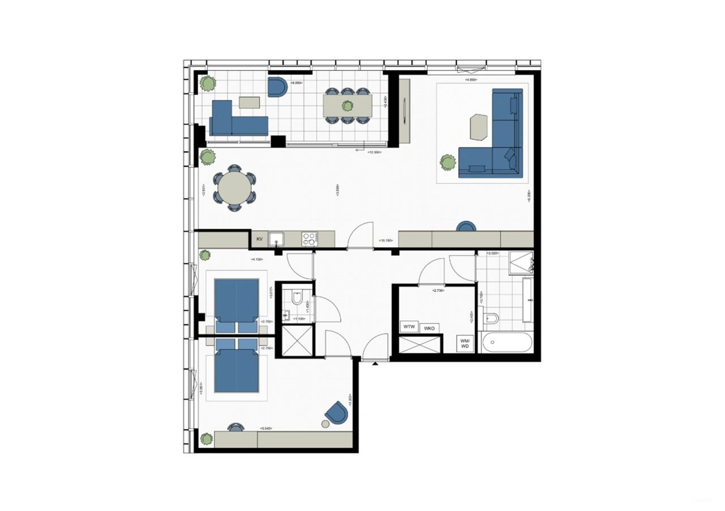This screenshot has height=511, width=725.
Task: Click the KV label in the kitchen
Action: (x=259, y=239)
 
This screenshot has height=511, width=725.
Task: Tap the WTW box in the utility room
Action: (x=409, y=327)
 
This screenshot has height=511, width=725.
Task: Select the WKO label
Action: (x=429, y=328)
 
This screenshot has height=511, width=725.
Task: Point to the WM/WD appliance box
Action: (x=465, y=343)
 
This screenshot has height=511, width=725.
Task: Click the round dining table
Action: (x=234, y=187)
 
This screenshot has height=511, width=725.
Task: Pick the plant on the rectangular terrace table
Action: (x=347, y=105)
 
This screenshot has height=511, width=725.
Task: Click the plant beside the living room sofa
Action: (x=448, y=163)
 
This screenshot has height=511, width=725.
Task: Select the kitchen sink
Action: (x=276, y=239)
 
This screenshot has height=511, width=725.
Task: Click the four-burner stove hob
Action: (x=309, y=239)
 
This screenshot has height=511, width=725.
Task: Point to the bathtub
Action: (x=506, y=342)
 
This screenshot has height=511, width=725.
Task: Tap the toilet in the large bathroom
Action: (x=492, y=320)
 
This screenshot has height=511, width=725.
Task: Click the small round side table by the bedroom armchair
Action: (x=325, y=423)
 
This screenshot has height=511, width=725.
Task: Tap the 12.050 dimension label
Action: (x=373, y=152)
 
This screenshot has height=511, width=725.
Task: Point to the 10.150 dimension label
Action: (x=386, y=241)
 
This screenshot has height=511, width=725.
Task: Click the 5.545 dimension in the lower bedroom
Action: (x=266, y=429)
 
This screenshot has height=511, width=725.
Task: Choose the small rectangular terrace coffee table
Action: (x=249, y=102)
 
